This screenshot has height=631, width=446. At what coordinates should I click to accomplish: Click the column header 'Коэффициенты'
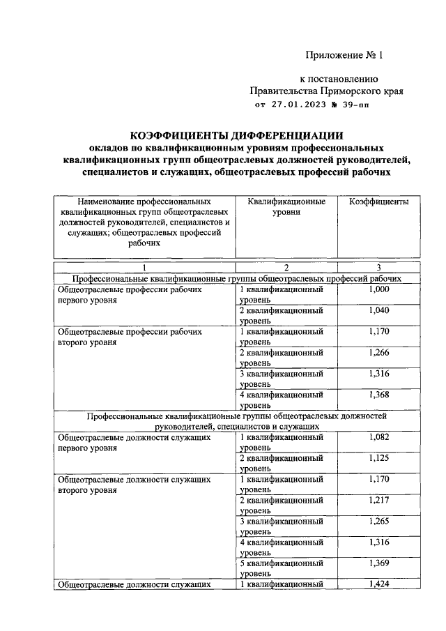[x=379, y=202]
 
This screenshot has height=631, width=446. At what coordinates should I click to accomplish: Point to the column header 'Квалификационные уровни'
[x=286, y=206]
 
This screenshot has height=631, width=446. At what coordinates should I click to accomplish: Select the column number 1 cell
[x=145, y=268]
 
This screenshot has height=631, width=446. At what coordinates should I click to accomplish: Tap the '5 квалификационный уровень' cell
[x=282, y=568]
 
